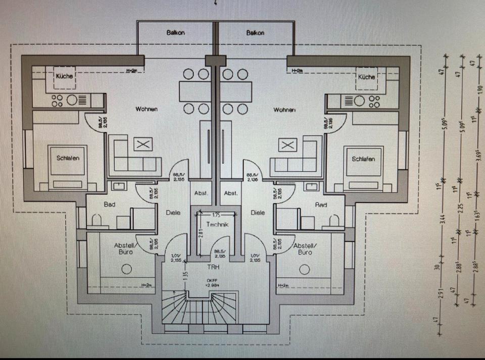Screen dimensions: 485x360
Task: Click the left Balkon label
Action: point(175,33)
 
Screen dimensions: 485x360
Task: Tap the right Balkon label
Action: point(256,33)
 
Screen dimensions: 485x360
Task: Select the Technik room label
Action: point(218,225)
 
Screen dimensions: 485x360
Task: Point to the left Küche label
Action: point(65,76)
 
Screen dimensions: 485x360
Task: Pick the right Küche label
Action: point(366,77)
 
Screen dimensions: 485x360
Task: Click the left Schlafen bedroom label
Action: point(68,158)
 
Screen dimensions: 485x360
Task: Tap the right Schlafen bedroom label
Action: point(363,159)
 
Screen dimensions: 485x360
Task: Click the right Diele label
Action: point(258,213)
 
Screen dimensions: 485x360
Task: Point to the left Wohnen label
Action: point(146,109)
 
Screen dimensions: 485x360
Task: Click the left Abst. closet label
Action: point(201,193)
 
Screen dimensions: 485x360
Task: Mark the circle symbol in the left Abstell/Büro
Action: point(126,269)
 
